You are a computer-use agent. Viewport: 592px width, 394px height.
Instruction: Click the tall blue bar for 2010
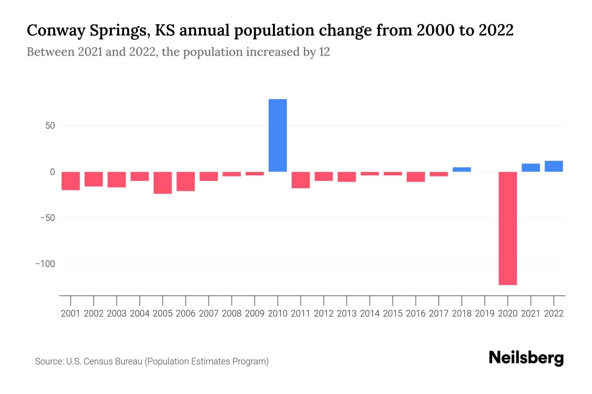[x=278, y=135]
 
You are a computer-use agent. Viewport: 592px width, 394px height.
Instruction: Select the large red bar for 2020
[x=507, y=228]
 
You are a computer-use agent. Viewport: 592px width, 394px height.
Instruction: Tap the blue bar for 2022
[x=554, y=166]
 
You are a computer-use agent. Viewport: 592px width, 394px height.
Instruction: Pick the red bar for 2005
[x=162, y=183]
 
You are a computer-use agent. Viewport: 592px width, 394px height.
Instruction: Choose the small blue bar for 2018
[x=461, y=169]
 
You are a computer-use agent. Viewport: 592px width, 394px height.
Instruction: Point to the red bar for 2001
[x=71, y=181]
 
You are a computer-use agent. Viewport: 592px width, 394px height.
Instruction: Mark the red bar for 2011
[x=301, y=180]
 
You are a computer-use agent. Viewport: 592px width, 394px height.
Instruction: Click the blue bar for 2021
[x=530, y=167]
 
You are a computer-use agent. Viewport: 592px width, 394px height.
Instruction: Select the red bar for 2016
[x=415, y=177]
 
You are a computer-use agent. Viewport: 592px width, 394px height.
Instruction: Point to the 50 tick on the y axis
[x=48, y=126]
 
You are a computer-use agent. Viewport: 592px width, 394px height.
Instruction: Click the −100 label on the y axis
[x=45, y=264]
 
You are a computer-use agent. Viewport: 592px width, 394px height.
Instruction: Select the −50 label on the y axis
[x=47, y=218]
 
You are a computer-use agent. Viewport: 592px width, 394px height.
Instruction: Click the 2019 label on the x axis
[x=484, y=314]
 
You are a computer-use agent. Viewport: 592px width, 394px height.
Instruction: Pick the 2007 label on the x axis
[x=209, y=314]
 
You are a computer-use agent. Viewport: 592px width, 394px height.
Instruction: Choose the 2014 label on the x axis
[x=370, y=314]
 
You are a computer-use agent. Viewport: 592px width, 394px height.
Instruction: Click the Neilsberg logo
[x=526, y=358]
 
